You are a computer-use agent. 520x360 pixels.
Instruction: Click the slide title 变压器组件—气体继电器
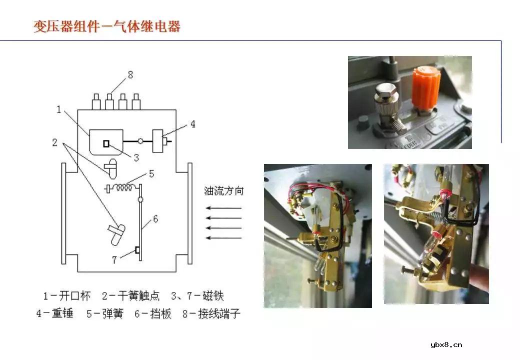click(107, 26)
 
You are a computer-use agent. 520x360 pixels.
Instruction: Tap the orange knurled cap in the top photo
click(425, 90)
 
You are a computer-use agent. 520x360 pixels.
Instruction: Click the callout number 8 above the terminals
click(130, 75)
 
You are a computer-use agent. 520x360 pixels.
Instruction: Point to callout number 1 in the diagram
click(59, 109)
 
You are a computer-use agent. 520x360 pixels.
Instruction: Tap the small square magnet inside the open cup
click(106, 143)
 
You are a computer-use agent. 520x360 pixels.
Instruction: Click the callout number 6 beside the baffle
click(155, 219)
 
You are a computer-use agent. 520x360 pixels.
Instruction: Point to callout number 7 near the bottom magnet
click(114, 260)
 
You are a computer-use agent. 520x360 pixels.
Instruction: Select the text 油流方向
click(224, 191)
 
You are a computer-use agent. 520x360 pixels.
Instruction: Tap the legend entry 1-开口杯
click(66, 295)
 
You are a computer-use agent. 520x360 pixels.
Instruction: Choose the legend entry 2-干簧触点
click(130, 295)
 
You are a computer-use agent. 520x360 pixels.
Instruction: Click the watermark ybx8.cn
click(446, 344)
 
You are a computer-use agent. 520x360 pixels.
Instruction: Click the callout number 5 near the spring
click(151, 174)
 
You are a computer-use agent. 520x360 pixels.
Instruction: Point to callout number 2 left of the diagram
click(54, 142)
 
